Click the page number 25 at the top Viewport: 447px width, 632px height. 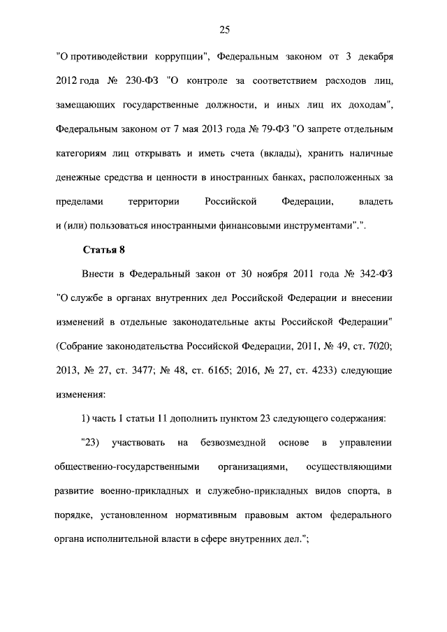pos(224,29)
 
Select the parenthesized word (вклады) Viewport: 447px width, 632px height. pos(285,153)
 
